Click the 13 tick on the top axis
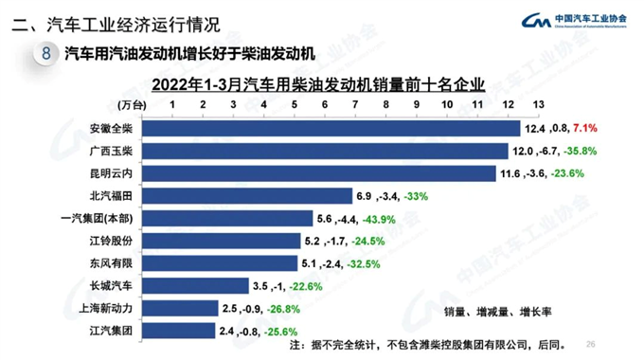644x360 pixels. pos(538,103)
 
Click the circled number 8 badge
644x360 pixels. pos(45,54)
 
